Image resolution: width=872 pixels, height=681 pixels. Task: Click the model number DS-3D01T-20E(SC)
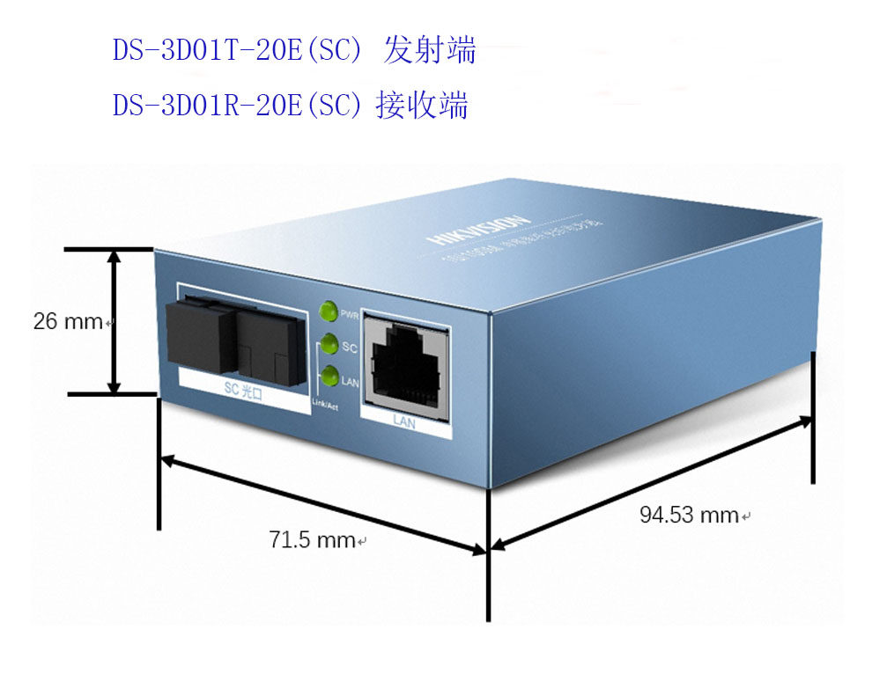click(x=237, y=51)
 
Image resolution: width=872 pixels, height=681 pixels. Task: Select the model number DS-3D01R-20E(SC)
click(x=237, y=106)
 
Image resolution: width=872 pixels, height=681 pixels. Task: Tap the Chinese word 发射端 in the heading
click(x=430, y=51)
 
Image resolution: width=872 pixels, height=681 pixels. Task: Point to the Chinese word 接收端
click(x=422, y=106)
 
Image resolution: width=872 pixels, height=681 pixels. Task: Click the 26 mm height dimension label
click(x=68, y=321)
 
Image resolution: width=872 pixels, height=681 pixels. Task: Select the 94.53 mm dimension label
click(x=689, y=515)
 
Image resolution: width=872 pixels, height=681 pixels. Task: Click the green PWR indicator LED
click(x=329, y=311)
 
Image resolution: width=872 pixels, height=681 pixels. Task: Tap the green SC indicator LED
click(x=329, y=345)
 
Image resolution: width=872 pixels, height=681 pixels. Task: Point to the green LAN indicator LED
click(x=329, y=377)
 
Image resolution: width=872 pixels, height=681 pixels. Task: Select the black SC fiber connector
click(x=235, y=333)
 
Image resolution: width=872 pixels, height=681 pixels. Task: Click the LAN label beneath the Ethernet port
click(x=403, y=422)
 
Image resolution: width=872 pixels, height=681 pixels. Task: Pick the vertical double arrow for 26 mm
click(x=114, y=321)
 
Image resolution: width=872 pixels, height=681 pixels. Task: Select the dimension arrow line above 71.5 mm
click(x=322, y=506)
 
